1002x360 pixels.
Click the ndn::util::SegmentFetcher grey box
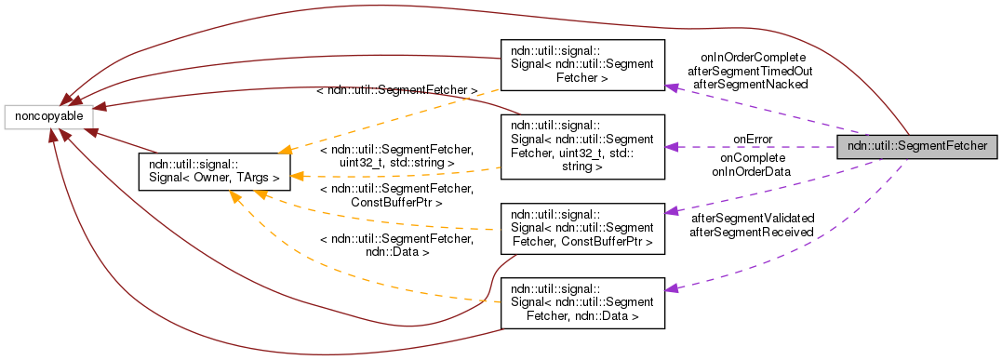[917, 147]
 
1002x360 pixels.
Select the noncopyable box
[48, 116]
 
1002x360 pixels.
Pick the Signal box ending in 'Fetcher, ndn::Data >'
[582, 302]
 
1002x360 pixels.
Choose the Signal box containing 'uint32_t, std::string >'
[582, 147]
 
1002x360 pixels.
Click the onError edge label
[753, 140]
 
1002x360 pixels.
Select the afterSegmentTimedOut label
[749, 71]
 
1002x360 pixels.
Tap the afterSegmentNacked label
[749, 84]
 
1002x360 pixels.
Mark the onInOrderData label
[752, 170]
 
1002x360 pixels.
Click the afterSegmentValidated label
[751, 219]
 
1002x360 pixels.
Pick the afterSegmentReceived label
[751, 232]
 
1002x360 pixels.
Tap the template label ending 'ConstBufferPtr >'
[396, 194]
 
